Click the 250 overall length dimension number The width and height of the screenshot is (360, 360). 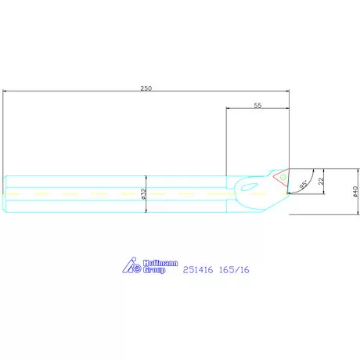pos(146,88)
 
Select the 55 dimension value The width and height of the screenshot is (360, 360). pos(257,105)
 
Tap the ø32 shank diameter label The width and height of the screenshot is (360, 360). pos(144,194)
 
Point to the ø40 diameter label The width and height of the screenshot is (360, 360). pos(355,192)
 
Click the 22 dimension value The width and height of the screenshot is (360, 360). pos(321,181)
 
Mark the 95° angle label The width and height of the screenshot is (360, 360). pos(304,185)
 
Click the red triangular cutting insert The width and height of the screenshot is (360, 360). pos(282,178)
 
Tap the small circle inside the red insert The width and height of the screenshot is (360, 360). pos(283,178)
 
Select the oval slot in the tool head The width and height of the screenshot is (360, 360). pos(250,186)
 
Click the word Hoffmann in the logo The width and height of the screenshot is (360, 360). pos(160,263)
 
